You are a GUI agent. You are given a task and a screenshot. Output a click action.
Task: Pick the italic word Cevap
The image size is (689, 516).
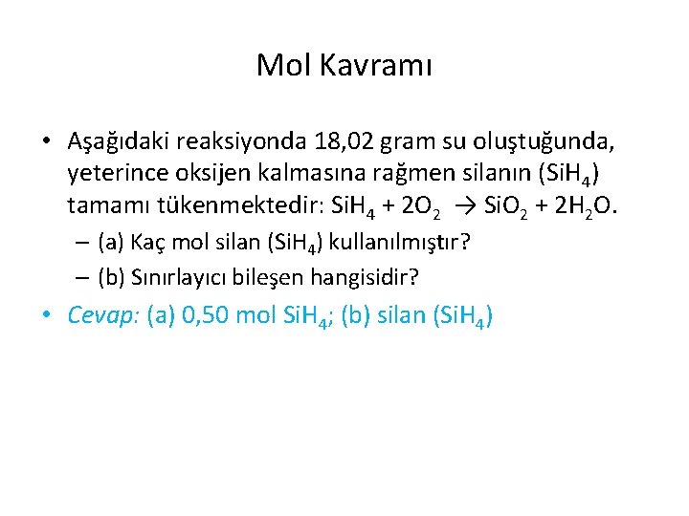click(104, 315)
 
